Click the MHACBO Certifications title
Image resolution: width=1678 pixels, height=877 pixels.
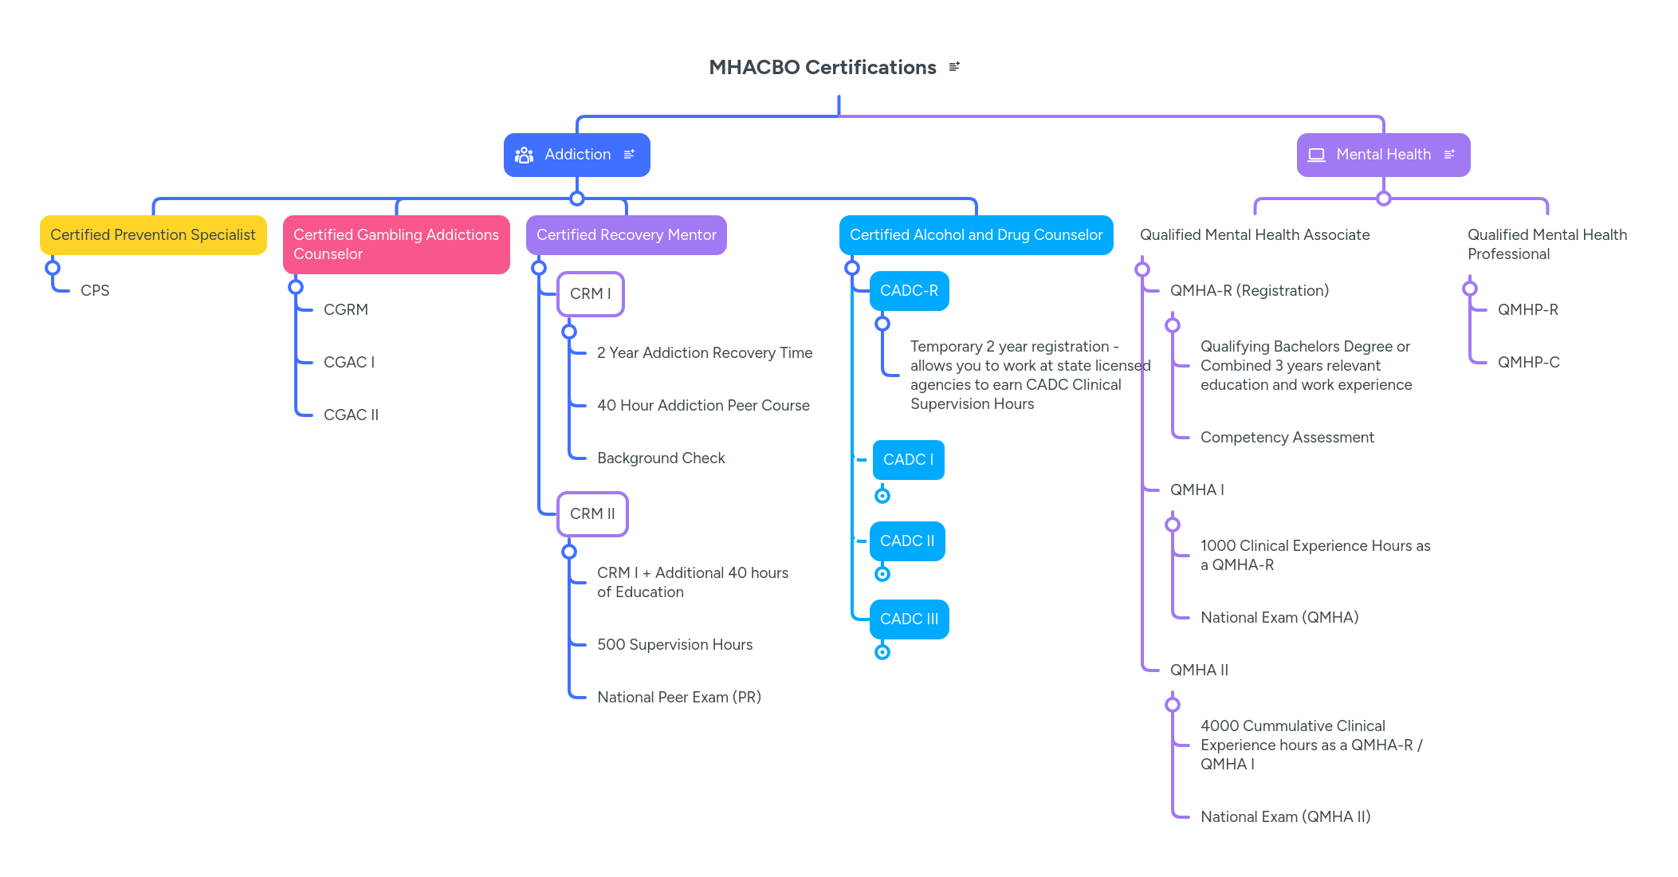[x=822, y=68]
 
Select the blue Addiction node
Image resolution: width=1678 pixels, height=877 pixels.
[x=577, y=155]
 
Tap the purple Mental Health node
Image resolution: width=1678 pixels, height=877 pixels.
[x=1383, y=155]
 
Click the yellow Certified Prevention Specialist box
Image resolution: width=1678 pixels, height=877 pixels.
[x=153, y=235]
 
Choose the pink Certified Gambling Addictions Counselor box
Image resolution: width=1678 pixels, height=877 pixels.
[x=396, y=245]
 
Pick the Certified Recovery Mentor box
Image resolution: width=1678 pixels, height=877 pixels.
[x=626, y=235]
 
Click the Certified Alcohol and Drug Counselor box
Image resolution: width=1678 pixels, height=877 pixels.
[x=976, y=235]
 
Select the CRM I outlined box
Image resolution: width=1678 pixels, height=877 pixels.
[x=590, y=294]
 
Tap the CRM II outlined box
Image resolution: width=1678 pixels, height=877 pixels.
[x=592, y=514]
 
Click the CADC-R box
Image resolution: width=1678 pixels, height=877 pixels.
[x=909, y=291]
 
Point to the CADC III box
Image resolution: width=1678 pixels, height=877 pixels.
[x=909, y=619]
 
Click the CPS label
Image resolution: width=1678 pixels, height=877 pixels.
[x=95, y=291]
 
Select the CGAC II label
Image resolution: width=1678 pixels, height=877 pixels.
[x=351, y=415]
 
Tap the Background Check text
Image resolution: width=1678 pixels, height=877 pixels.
[x=660, y=458]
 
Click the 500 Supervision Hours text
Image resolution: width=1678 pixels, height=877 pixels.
[x=674, y=645]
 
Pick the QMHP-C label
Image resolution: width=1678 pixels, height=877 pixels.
[x=1528, y=363]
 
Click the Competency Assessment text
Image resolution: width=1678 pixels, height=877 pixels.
[x=1287, y=438]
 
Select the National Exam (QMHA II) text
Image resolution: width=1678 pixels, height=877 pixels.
[x=1285, y=817]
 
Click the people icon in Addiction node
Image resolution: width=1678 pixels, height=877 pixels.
[x=524, y=155]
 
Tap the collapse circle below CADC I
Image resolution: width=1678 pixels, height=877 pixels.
[x=882, y=496]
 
